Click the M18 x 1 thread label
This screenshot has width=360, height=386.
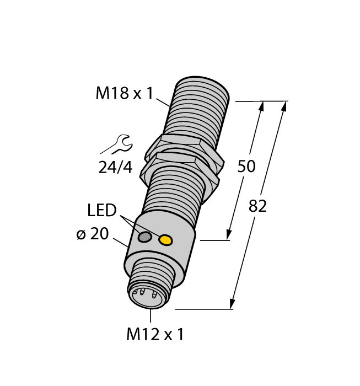point(124,94)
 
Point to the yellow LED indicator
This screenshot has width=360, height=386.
point(165,240)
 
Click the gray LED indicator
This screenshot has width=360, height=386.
point(145,237)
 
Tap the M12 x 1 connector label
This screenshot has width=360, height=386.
point(155,334)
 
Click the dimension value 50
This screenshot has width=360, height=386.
point(246,166)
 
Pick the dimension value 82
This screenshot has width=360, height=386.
point(257,206)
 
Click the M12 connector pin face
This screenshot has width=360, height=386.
point(145,296)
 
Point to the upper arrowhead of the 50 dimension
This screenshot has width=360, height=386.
point(261,107)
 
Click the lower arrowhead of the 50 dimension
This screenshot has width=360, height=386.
point(229,234)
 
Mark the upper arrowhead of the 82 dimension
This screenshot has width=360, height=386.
point(284,107)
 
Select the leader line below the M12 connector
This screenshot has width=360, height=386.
point(151,316)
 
